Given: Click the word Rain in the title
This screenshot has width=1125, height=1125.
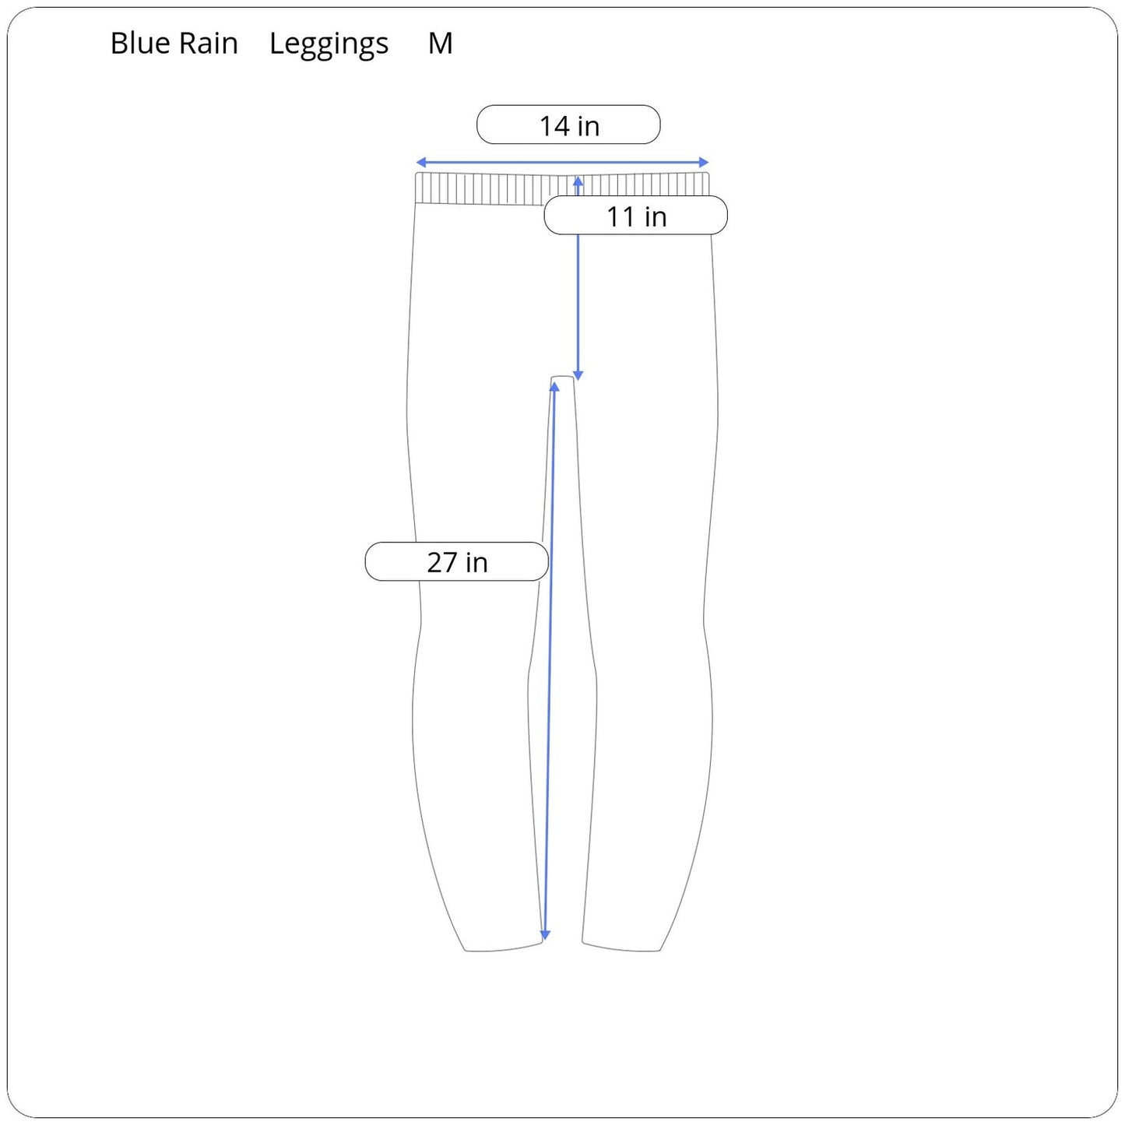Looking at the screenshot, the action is (209, 44).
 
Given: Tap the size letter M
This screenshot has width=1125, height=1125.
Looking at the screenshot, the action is (440, 44).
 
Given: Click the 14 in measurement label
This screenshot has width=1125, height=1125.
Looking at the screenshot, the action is (568, 125).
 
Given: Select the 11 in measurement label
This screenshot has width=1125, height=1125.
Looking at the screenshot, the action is (636, 216).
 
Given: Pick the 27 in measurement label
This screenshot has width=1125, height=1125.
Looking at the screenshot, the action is (456, 561).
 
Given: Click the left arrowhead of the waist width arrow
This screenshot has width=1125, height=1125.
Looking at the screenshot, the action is (420, 162).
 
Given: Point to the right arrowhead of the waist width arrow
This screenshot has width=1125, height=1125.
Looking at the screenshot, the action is (704, 162).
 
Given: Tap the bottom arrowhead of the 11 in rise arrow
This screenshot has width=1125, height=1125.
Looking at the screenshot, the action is (578, 376).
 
